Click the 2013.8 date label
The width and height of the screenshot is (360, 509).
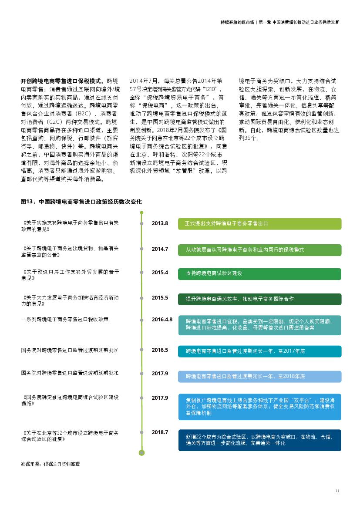tap(160, 223)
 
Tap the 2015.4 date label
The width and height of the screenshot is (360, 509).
tap(160, 273)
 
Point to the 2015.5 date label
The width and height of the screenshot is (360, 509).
tap(160, 298)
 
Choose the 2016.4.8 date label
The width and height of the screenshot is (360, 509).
tap(162, 319)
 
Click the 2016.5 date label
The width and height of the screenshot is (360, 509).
tap(160, 350)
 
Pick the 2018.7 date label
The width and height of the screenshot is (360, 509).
tap(160, 432)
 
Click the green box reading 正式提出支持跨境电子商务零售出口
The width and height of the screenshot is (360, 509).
tap(260, 224)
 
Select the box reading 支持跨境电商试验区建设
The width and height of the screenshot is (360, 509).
tap(260, 273)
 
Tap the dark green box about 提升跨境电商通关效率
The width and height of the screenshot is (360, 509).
tap(260, 299)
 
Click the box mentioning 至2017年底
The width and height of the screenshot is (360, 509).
tap(260, 351)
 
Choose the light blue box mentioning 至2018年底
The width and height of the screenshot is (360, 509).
tap(260, 376)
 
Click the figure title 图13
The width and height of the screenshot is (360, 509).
tap(81, 202)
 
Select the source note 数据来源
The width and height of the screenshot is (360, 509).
tap(50, 464)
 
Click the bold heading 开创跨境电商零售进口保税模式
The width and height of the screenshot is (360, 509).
tap(61, 81)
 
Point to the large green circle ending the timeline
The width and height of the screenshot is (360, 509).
tap(141, 453)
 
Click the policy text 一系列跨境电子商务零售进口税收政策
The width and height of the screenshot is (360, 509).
tap(65, 319)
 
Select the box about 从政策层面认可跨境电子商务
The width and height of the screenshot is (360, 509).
tap(260, 249)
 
